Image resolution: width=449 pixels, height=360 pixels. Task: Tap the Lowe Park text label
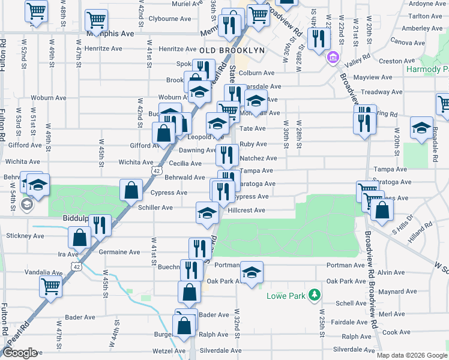(x=285, y=296)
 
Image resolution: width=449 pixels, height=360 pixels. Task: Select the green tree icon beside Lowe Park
(x=313, y=295)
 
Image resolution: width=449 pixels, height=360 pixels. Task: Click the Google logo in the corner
(x=19, y=353)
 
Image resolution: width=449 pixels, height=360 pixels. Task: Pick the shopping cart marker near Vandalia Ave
(x=51, y=286)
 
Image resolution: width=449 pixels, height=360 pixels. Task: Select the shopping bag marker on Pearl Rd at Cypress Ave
(x=131, y=191)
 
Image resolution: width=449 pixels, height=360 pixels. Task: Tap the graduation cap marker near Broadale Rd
(x=422, y=128)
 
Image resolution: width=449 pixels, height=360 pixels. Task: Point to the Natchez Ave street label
(x=258, y=158)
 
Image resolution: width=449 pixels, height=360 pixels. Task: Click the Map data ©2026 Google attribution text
(x=411, y=355)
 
